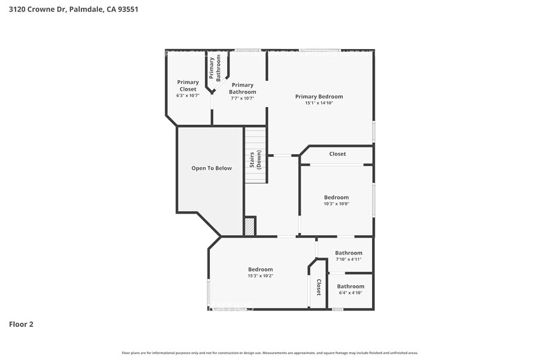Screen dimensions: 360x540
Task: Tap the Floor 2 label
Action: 21,324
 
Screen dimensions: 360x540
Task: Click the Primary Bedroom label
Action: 319,97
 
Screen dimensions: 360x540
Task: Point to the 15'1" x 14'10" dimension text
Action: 319,103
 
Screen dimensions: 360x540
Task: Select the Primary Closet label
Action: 188,86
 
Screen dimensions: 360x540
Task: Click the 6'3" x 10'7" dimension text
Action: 188,96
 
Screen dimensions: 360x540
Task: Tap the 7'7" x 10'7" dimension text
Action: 242,98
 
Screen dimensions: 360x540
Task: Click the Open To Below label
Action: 211,168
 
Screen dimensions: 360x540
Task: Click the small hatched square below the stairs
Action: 250,227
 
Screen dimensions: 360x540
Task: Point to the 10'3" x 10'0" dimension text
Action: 336,204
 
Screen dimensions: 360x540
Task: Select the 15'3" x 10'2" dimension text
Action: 260,276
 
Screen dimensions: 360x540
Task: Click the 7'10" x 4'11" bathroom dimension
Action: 348,260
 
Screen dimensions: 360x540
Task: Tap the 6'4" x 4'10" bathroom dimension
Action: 351,293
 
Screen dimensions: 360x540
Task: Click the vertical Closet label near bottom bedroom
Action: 318,288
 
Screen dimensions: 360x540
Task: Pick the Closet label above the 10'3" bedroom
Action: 337,154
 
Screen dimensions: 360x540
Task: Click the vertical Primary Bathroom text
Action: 214,69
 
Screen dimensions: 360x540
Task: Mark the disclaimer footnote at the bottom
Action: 269,353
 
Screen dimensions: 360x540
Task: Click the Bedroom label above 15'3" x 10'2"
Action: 260,269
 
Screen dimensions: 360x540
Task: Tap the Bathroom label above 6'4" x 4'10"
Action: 351,286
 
